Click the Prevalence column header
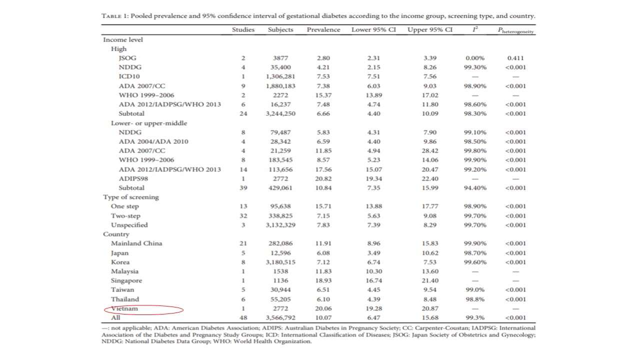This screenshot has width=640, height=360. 323,29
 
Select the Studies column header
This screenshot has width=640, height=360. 243,29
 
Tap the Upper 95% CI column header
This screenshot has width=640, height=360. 430,29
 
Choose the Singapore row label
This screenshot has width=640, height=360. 126,281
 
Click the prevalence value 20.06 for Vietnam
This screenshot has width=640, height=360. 323,309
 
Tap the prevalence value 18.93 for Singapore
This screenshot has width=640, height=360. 323,281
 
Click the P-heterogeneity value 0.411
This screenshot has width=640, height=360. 515,58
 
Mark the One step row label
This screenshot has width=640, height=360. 125,206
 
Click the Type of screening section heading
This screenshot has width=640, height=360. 131,197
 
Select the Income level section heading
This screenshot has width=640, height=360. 123,39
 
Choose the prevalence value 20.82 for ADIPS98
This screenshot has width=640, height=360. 323,178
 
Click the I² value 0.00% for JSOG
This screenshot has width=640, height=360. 474,58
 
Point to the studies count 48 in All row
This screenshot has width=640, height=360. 243,318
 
